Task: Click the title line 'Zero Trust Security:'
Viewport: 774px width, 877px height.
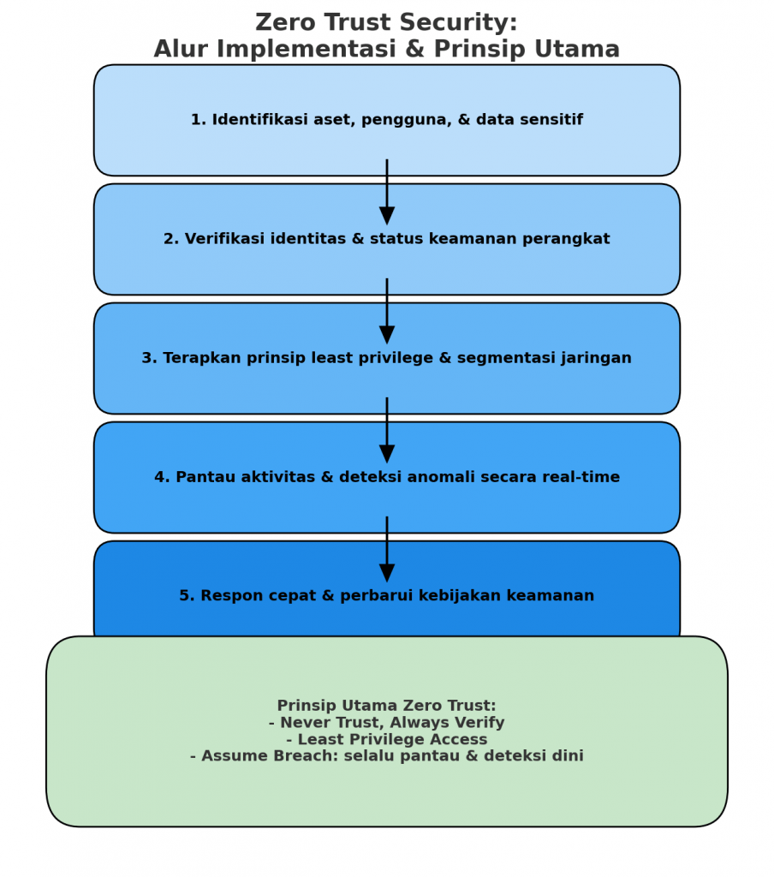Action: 386,22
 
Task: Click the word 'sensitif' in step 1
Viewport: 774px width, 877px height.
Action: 554,120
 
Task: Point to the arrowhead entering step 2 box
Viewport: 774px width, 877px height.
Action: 387,215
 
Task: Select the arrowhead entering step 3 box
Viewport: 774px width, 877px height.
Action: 387,334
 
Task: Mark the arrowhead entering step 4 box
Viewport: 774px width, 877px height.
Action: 387,453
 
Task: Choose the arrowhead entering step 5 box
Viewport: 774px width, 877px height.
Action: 387,572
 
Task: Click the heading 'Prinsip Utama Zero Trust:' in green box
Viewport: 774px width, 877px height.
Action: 386,706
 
